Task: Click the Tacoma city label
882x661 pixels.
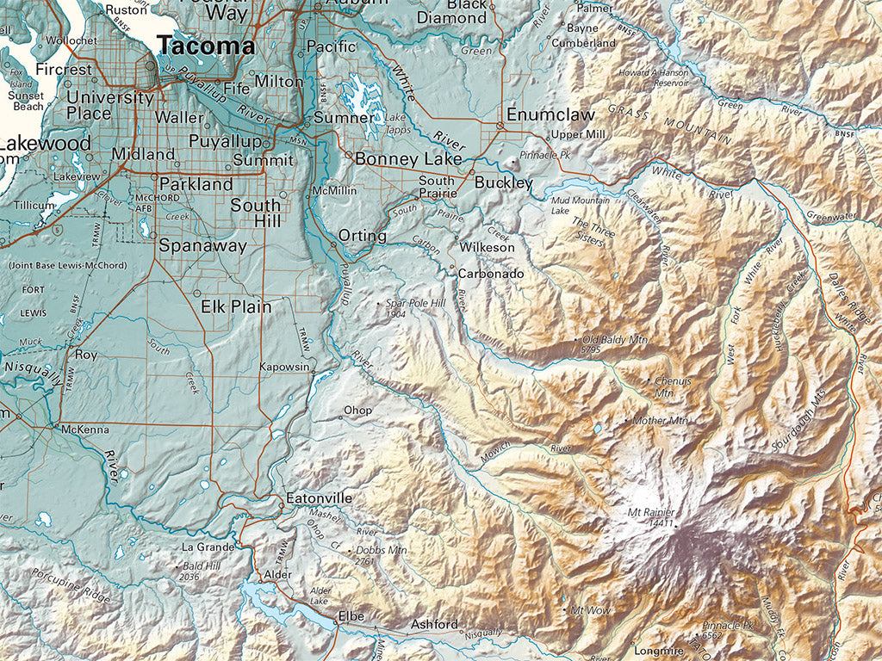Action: (x=206, y=46)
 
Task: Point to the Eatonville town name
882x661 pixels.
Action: (x=319, y=498)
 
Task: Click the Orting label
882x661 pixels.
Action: (x=357, y=235)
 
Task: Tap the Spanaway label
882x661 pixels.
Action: (x=202, y=245)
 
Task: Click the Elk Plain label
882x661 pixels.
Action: (x=236, y=306)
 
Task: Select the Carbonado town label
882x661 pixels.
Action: (x=490, y=274)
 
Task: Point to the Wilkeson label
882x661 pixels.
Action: (x=487, y=247)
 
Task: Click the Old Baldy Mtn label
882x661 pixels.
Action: (x=615, y=341)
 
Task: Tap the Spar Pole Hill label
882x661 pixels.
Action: (x=415, y=304)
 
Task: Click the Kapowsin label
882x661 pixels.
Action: (x=284, y=367)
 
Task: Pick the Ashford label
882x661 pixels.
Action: (x=434, y=624)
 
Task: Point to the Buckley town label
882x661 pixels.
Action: (x=503, y=183)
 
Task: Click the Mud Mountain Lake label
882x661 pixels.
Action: (x=573, y=205)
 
